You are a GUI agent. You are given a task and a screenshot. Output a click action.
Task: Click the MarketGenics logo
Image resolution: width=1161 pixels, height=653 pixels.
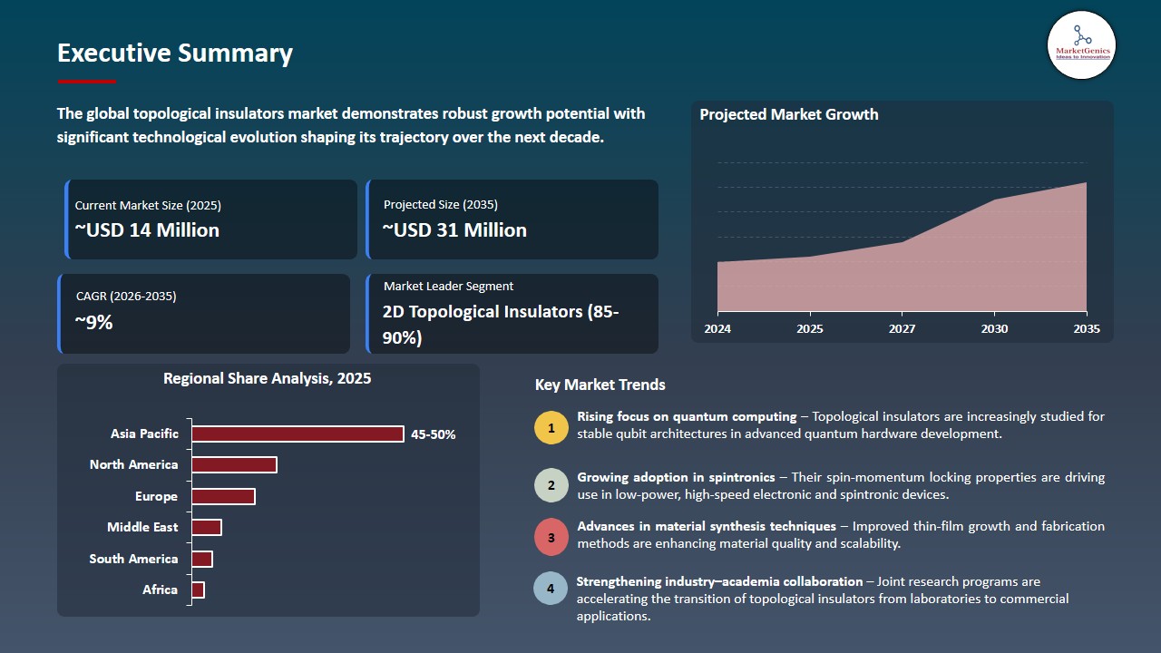(1081, 44)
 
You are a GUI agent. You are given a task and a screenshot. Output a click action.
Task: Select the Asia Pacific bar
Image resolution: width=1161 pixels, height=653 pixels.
(298, 434)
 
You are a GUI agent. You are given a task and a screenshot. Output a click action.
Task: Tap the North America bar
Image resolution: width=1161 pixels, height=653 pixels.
(234, 464)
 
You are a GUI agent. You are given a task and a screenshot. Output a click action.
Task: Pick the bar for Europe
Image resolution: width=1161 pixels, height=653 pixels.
(223, 496)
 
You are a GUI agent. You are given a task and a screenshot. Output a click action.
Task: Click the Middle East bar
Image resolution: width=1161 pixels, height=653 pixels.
(207, 527)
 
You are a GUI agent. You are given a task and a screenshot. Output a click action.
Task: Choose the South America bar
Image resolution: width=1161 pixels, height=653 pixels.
(202, 559)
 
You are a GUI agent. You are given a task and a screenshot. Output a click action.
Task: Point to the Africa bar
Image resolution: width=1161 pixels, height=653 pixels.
(198, 590)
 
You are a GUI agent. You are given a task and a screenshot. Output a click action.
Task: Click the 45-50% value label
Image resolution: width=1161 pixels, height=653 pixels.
(434, 434)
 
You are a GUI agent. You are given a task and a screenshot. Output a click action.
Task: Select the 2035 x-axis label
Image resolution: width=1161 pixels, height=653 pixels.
(1085, 328)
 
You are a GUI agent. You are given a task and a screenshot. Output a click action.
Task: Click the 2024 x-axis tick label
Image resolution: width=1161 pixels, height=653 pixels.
(717, 328)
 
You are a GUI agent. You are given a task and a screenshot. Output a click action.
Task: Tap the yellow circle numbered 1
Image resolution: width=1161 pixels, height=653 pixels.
(551, 427)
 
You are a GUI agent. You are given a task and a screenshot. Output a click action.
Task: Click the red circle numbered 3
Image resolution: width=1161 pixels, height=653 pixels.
(551, 537)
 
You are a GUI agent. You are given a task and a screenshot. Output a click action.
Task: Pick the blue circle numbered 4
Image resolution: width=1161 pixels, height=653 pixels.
(551, 589)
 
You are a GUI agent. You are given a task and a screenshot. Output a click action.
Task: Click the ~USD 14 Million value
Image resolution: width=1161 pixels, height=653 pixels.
(147, 230)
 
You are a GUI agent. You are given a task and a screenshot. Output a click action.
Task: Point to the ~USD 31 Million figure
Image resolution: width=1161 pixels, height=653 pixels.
(454, 230)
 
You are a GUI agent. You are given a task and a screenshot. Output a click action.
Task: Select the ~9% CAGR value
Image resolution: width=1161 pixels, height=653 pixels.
(93, 321)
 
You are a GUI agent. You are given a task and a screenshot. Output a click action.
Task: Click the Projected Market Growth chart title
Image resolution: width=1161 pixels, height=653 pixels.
(789, 114)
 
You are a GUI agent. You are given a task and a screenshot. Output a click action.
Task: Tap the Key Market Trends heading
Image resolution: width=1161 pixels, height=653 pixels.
(600, 385)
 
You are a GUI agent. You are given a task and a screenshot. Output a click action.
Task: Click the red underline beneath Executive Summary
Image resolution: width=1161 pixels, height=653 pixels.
(86, 82)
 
